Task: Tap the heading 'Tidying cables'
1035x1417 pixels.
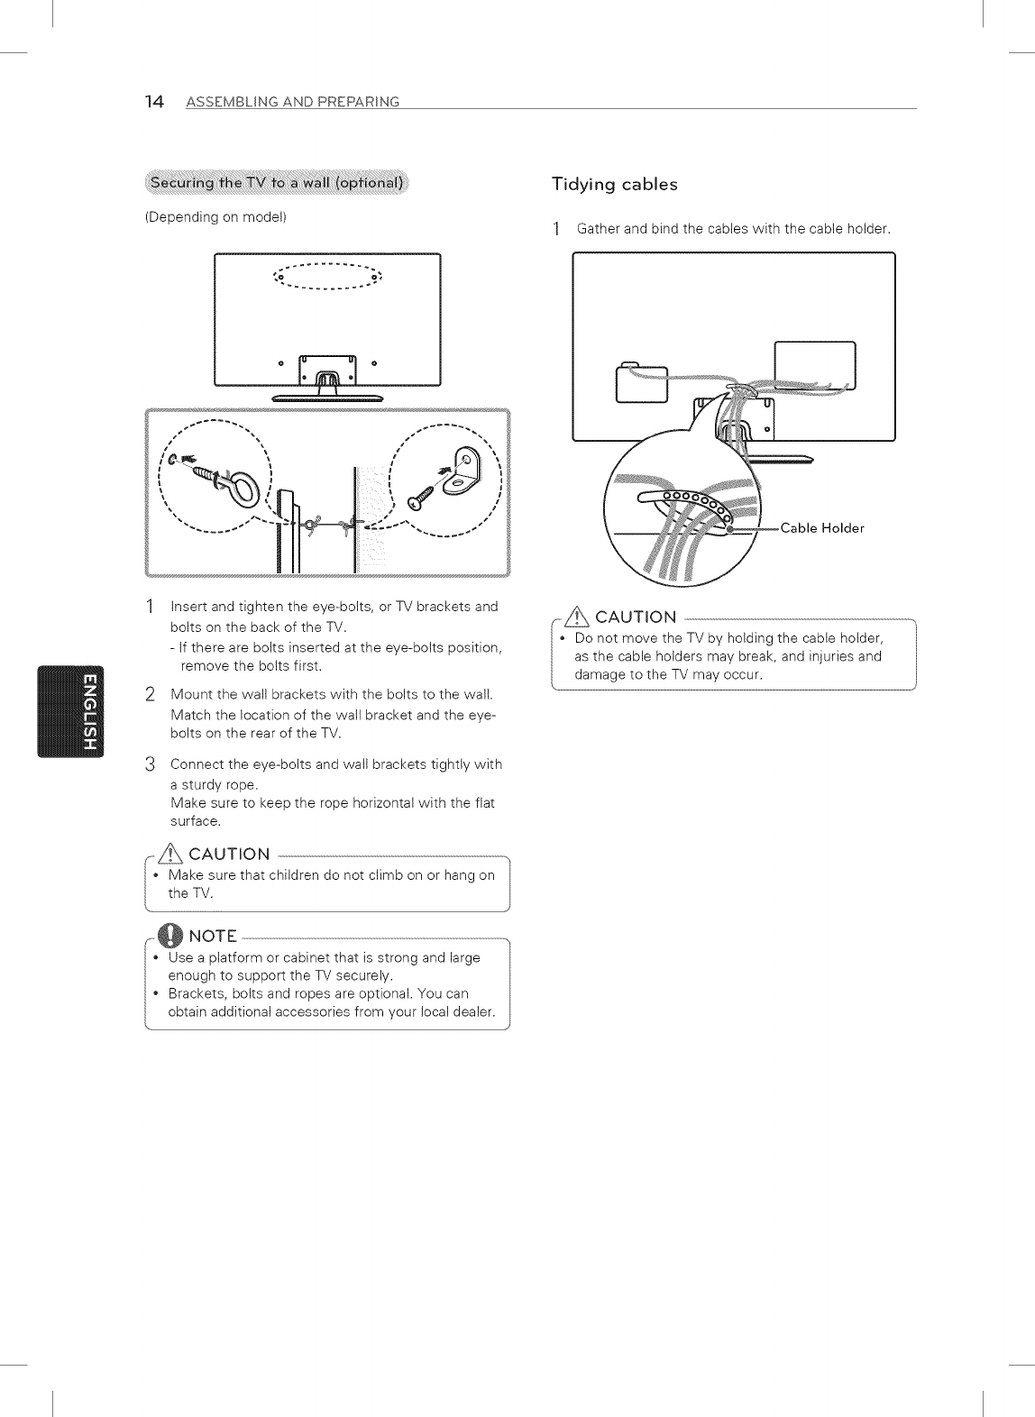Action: [614, 184]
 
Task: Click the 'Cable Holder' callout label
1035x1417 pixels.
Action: [822, 528]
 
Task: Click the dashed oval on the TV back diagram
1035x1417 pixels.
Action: [327, 277]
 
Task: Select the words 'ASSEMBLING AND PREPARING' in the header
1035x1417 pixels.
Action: [292, 102]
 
